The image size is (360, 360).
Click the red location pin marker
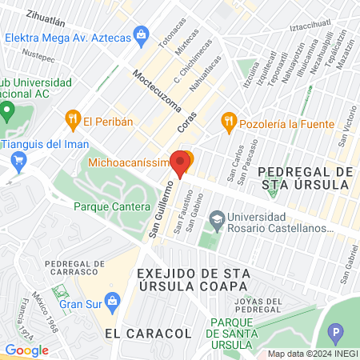click(181, 162)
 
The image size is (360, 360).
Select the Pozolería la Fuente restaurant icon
click(230, 121)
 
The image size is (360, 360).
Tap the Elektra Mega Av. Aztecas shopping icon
click(142, 34)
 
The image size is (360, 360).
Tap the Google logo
click(26, 350)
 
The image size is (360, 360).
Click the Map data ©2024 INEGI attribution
click(311, 353)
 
